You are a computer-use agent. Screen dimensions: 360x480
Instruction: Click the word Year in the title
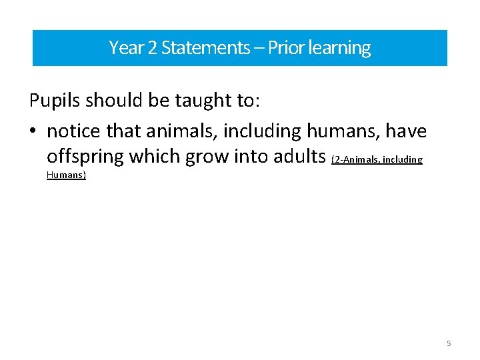tap(123, 48)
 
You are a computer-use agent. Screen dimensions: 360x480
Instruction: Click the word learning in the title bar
tap(339, 49)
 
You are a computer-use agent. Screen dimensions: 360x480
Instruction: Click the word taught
tap(203, 101)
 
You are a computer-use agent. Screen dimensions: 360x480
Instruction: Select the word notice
tap(75, 131)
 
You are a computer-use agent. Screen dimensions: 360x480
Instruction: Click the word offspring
tap(85, 157)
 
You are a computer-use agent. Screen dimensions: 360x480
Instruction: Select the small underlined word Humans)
tap(66, 175)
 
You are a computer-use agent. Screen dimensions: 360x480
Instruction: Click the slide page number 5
tap(449, 343)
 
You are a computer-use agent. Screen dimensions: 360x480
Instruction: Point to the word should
tap(119, 101)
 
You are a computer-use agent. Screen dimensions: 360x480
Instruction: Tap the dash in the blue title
tap(257, 48)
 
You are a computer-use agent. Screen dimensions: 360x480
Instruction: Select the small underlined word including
tap(403, 159)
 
